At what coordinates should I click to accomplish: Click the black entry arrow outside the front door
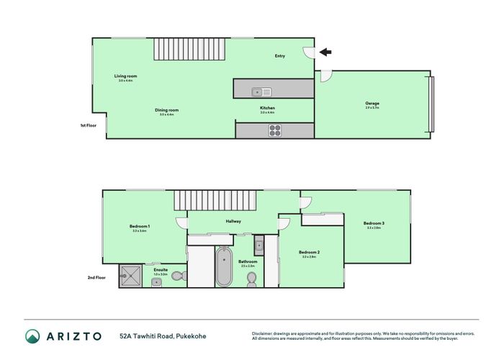[x=325, y=52]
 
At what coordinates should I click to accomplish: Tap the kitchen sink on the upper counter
[x=261, y=91]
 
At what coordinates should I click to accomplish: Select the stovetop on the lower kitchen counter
[x=275, y=130]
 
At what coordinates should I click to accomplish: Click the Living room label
[x=125, y=76]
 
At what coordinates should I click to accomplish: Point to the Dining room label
[x=166, y=110]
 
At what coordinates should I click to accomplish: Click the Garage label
[x=372, y=104]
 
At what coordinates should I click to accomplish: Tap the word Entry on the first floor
[x=280, y=55]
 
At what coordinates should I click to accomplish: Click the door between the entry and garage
[x=324, y=75]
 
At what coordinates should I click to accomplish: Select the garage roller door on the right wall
[x=431, y=104]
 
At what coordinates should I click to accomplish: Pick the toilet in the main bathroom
[x=251, y=278]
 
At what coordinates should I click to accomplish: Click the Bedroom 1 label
[x=139, y=227]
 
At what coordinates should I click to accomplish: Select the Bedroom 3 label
[x=373, y=223]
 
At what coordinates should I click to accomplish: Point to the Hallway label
[x=233, y=221]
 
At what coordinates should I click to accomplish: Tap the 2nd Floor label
[x=96, y=276]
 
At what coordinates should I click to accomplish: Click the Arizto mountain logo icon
[x=33, y=336]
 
